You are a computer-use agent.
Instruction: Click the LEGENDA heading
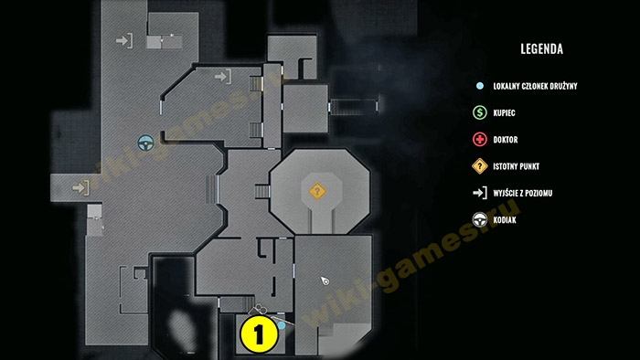[x=541, y=49]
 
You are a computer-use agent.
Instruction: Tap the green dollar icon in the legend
[x=480, y=112]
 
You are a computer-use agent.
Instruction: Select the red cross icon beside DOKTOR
[x=480, y=140]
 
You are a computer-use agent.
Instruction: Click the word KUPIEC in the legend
[x=504, y=113]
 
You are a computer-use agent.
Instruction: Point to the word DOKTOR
[x=506, y=140]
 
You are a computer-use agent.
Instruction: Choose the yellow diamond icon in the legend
[x=480, y=166]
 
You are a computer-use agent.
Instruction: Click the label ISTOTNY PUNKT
[x=516, y=166]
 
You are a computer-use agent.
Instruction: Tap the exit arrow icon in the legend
[x=480, y=193]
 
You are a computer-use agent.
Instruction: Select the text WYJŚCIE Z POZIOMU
[x=522, y=194]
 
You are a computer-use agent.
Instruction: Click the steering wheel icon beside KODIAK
[x=480, y=220]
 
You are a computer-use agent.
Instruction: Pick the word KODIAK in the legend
[x=505, y=220]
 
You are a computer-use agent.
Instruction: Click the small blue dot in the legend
[x=480, y=86]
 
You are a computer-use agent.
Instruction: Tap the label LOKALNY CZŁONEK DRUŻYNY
[x=535, y=86]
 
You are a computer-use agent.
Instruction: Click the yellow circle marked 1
[x=259, y=334]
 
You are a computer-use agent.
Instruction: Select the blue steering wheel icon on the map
[x=145, y=143]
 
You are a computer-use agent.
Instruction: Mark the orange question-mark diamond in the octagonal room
[x=317, y=191]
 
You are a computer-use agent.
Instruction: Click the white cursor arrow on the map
[x=325, y=281]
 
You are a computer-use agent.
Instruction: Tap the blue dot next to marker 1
[x=282, y=325]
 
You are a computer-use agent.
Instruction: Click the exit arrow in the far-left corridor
[x=80, y=187]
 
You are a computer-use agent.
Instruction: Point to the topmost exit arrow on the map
[x=124, y=41]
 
